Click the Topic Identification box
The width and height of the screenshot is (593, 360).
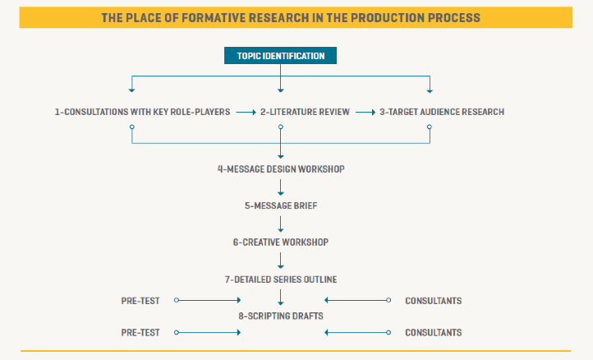[x=280, y=56]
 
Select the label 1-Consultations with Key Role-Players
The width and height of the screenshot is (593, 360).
[x=142, y=112]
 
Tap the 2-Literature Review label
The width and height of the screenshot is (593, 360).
[x=305, y=112]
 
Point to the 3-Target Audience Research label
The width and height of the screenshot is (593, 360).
[x=442, y=112]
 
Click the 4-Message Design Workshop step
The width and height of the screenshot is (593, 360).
[x=281, y=169]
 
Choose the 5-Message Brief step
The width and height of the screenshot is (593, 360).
[x=281, y=205]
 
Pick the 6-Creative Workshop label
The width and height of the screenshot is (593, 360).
[x=281, y=242]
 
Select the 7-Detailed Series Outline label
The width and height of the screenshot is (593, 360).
[x=281, y=279]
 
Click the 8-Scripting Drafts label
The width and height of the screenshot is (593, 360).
[x=281, y=316]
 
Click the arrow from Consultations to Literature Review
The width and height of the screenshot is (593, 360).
[x=246, y=113]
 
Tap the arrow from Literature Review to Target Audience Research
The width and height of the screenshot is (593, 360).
[x=365, y=113]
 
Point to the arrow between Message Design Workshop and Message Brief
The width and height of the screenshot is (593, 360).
[x=281, y=187]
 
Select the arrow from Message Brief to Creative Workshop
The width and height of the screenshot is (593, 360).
[x=281, y=224]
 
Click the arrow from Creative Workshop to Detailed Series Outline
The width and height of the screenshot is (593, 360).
[x=281, y=261]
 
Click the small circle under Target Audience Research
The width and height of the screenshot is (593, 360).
[x=430, y=127]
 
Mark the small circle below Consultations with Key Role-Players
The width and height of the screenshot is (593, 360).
[x=132, y=127]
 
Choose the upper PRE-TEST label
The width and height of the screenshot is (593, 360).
[x=140, y=301]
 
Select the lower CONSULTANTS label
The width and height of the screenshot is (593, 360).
[x=434, y=333]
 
